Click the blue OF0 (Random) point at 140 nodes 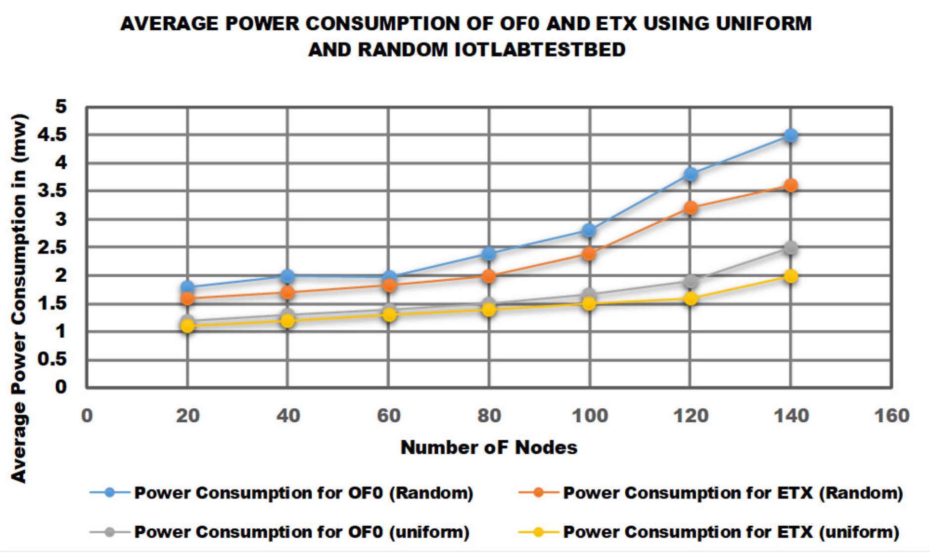790,135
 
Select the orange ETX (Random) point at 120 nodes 691,208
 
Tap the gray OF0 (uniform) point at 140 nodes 790,248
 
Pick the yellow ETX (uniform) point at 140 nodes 790,276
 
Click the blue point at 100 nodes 589,230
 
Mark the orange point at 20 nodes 187,298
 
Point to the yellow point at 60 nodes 389,315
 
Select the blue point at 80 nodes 489,253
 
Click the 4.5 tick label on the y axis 52,135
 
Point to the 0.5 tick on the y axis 52,359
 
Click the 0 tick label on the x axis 87,415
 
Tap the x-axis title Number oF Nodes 489,448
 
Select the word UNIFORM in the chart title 764,23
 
